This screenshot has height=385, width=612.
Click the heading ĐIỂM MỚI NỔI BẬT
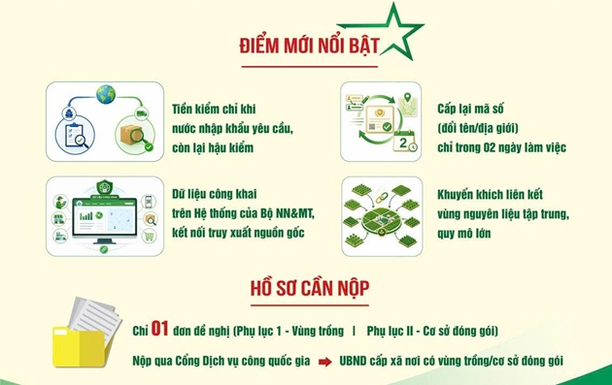click(310, 46)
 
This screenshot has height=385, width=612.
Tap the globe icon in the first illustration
click(106, 95)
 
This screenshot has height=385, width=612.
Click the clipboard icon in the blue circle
click(75, 136)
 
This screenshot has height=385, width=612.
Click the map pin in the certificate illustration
click(407, 97)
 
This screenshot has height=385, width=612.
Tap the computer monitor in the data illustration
click(105, 220)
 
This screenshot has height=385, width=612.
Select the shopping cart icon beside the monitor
click(149, 237)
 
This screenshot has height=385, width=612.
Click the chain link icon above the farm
click(382, 198)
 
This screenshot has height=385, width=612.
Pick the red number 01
click(159, 329)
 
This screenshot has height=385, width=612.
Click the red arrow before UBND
click(325, 362)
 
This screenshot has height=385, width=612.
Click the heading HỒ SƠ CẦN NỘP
click(310, 289)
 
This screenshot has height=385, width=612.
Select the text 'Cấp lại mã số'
click(470, 109)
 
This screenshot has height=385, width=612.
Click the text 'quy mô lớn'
click(463, 234)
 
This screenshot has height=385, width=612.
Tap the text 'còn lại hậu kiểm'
click(213, 148)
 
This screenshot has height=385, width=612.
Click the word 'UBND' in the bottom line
click(353, 361)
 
